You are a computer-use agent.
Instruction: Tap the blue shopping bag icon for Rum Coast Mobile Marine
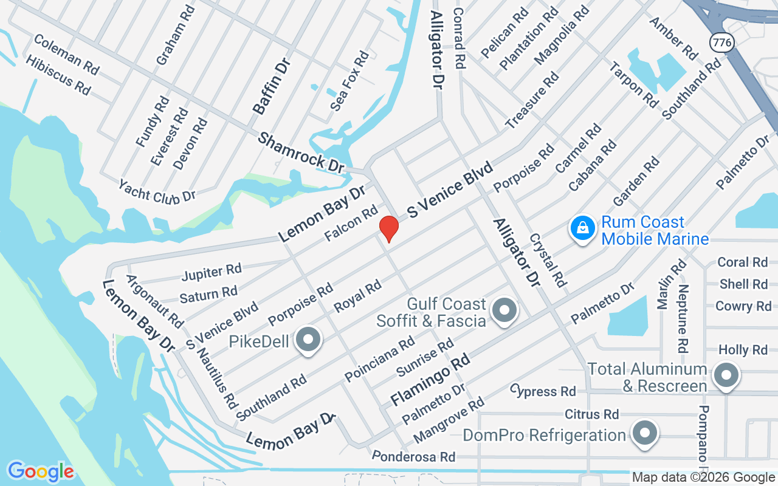click(x=582, y=229)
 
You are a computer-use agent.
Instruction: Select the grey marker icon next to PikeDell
click(x=308, y=340)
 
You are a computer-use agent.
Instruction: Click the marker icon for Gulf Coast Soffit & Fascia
click(x=504, y=310)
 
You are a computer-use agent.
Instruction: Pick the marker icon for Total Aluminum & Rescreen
click(x=725, y=374)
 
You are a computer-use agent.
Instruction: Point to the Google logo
click(x=40, y=471)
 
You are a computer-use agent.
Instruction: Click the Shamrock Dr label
click(x=301, y=152)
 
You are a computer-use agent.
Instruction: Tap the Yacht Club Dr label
click(x=157, y=191)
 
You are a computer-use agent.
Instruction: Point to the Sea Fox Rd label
click(x=349, y=81)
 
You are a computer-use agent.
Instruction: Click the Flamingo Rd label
click(x=430, y=380)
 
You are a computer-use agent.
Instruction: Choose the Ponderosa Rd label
click(x=413, y=456)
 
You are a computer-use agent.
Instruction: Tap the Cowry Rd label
click(x=743, y=306)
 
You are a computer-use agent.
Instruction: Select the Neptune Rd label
click(x=683, y=319)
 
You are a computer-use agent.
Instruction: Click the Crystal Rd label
click(x=548, y=261)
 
